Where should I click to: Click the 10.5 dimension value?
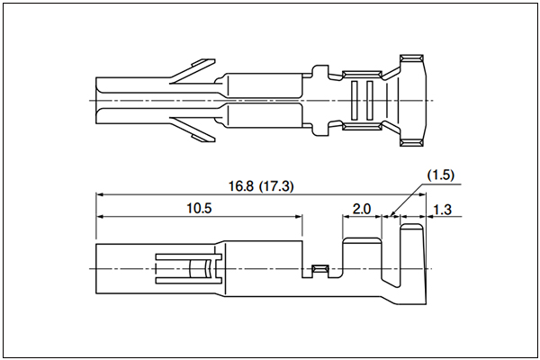[x=199, y=209]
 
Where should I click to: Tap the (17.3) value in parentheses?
[x=276, y=186]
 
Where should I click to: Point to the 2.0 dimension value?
[x=362, y=209]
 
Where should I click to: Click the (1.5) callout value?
[x=440, y=175]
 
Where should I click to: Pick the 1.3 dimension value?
[x=442, y=210]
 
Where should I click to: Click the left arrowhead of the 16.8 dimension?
[x=100, y=194]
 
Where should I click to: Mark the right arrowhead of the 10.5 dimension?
[x=299, y=216]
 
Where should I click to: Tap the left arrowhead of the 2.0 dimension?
[x=346, y=216]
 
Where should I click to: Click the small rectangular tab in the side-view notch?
[x=320, y=268]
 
